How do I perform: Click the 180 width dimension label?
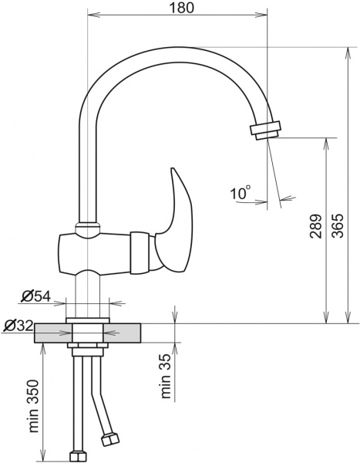point(180,8)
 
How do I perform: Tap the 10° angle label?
point(241,193)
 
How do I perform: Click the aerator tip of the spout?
point(265,129)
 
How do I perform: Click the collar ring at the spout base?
point(86,229)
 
